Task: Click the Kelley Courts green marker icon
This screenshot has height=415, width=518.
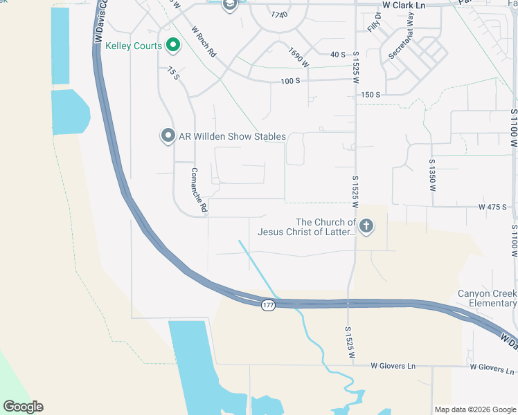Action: pyautogui.click(x=172, y=46)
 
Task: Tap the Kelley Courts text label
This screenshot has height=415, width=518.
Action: pyautogui.click(x=134, y=46)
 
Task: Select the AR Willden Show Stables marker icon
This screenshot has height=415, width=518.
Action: pyautogui.click(x=168, y=136)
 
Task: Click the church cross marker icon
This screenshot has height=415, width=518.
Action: pyautogui.click(x=366, y=226)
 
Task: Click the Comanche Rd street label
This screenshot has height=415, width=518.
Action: pyautogui.click(x=199, y=190)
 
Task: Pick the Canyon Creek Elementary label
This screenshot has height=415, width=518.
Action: pyautogui.click(x=487, y=298)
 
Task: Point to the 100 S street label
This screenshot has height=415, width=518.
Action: pyautogui.click(x=290, y=81)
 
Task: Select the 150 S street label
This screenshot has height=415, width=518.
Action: pyautogui.click(x=371, y=94)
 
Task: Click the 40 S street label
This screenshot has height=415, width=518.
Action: pyautogui.click(x=338, y=54)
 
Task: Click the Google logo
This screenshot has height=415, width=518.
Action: pyautogui.click(x=23, y=407)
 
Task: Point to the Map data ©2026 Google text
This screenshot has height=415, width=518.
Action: pyautogui.click(x=475, y=409)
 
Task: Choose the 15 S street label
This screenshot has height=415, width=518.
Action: pyautogui.click(x=173, y=73)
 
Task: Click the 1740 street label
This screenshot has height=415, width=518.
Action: pyautogui.click(x=279, y=15)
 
